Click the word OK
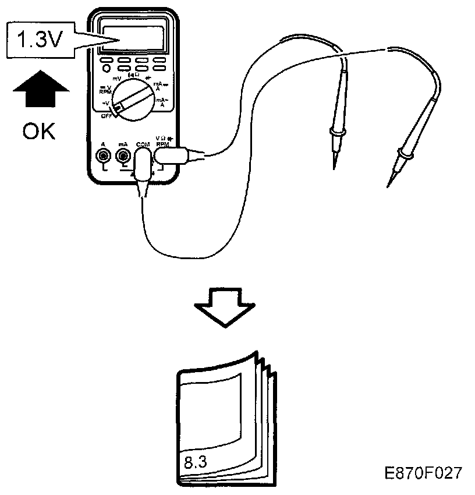[40, 131]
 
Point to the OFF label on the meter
[107, 116]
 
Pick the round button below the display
[107, 69]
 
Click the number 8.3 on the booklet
[196, 464]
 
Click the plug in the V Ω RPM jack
[172, 155]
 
